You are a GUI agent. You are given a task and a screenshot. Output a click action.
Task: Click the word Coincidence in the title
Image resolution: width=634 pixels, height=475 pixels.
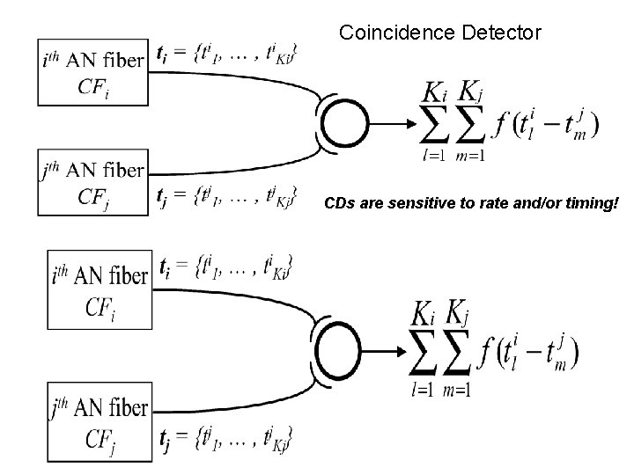point(394,34)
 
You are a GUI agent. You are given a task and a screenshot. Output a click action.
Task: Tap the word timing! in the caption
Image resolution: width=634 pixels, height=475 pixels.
point(593,204)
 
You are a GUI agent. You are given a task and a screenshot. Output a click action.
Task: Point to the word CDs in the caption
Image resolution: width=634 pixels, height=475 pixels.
point(339,204)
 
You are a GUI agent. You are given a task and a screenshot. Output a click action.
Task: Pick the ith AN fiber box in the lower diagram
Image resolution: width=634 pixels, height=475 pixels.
point(98,289)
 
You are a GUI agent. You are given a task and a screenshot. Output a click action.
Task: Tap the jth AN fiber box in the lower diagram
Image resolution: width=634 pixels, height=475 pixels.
point(98,419)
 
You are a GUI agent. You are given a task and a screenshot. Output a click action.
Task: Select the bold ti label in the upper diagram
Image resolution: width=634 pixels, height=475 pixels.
point(163,55)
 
